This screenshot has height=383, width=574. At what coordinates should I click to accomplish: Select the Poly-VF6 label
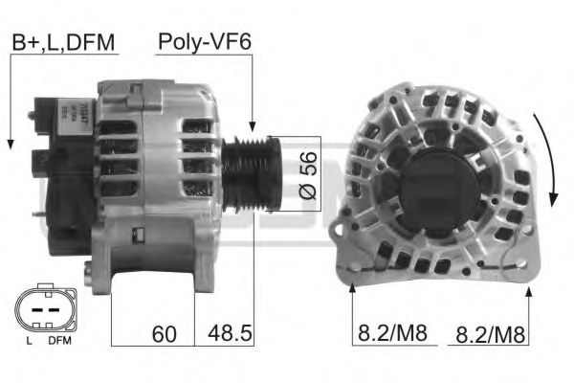tap(204, 42)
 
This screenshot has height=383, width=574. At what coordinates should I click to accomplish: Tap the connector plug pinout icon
tap(44, 307)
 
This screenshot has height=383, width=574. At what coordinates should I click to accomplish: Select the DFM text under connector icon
tap(59, 341)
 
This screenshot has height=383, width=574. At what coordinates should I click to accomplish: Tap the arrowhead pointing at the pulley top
tap(253, 126)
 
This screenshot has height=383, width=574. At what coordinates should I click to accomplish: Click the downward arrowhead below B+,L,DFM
tap(9, 144)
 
